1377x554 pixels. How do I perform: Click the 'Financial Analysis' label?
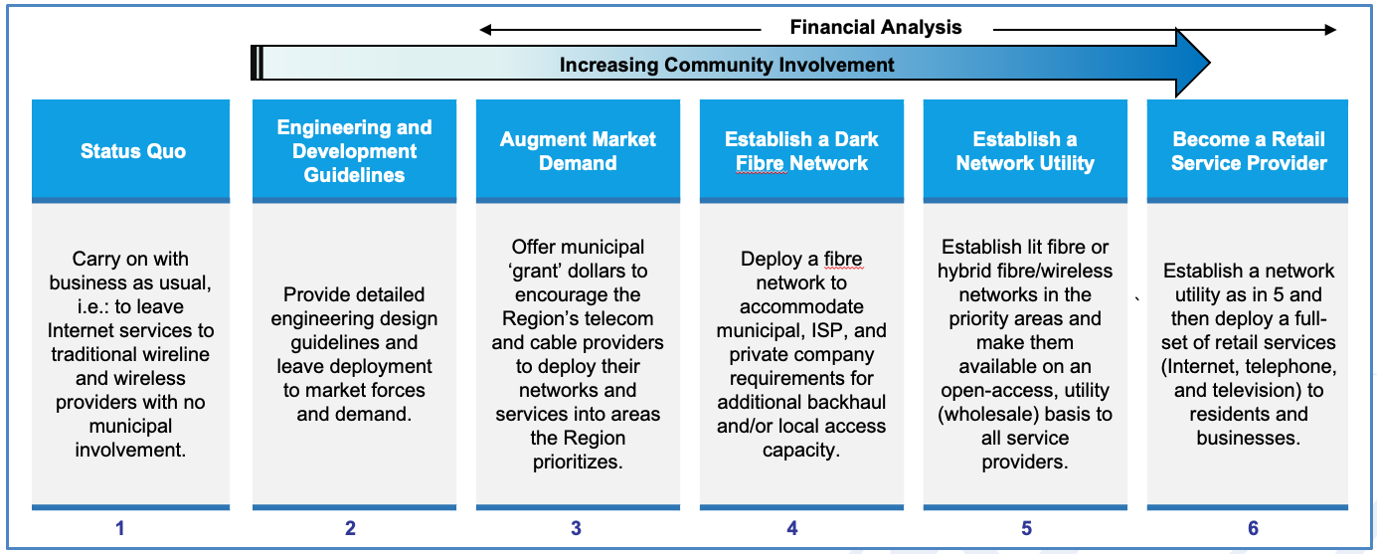coord(875,27)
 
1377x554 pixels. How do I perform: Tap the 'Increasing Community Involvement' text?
coord(727,65)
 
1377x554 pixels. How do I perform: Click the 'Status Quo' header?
coord(133,151)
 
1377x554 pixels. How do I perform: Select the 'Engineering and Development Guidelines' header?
coord(354,151)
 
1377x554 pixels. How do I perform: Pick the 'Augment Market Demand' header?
coord(578,151)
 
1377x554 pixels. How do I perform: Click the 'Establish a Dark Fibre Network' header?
coord(801,151)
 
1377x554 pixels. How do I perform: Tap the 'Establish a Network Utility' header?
coord(1025,151)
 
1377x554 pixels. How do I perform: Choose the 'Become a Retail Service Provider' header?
coord(1249,151)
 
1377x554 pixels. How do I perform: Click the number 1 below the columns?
coord(120,528)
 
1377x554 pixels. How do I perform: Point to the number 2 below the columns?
coord(350,528)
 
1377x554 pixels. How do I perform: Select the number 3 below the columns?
coord(576,528)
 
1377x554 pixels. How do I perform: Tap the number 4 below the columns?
coord(792,528)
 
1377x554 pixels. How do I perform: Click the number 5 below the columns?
coord(1027,528)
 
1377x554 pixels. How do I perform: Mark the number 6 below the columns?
coord(1254,528)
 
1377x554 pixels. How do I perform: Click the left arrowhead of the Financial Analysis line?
coord(485,30)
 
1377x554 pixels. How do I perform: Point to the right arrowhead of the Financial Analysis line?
coord(1330,30)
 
